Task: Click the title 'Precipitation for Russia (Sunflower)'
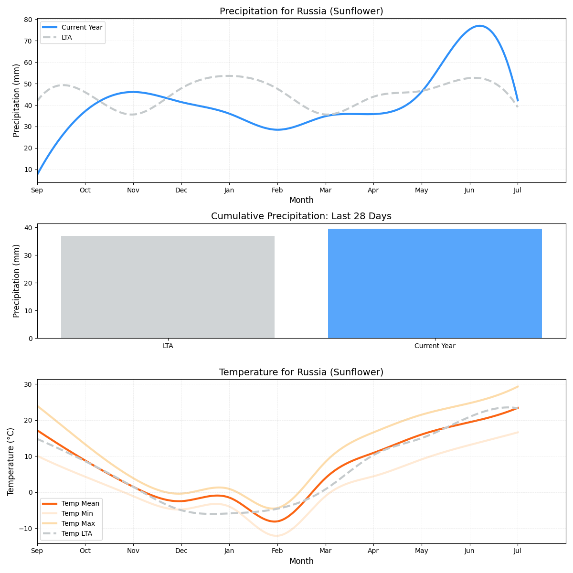[x=301, y=11]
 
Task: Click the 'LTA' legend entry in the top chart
[x=67, y=37]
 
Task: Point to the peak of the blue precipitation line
[x=479, y=26]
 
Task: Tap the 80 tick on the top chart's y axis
[x=28, y=20]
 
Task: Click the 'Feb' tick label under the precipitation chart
[x=277, y=190]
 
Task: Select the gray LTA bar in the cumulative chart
[x=168, y=286]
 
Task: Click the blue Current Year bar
[x=435, y=283]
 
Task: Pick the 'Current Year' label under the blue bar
[x=435, y=346]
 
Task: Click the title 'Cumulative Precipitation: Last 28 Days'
[x=301, y=216]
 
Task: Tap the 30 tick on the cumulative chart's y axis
[x=28, y=255]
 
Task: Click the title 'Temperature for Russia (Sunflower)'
[x=301, y=372]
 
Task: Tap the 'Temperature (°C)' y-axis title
[x=11, y=461]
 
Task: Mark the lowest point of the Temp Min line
[x=276, y=536]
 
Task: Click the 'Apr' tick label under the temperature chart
[x=373, y=551]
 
